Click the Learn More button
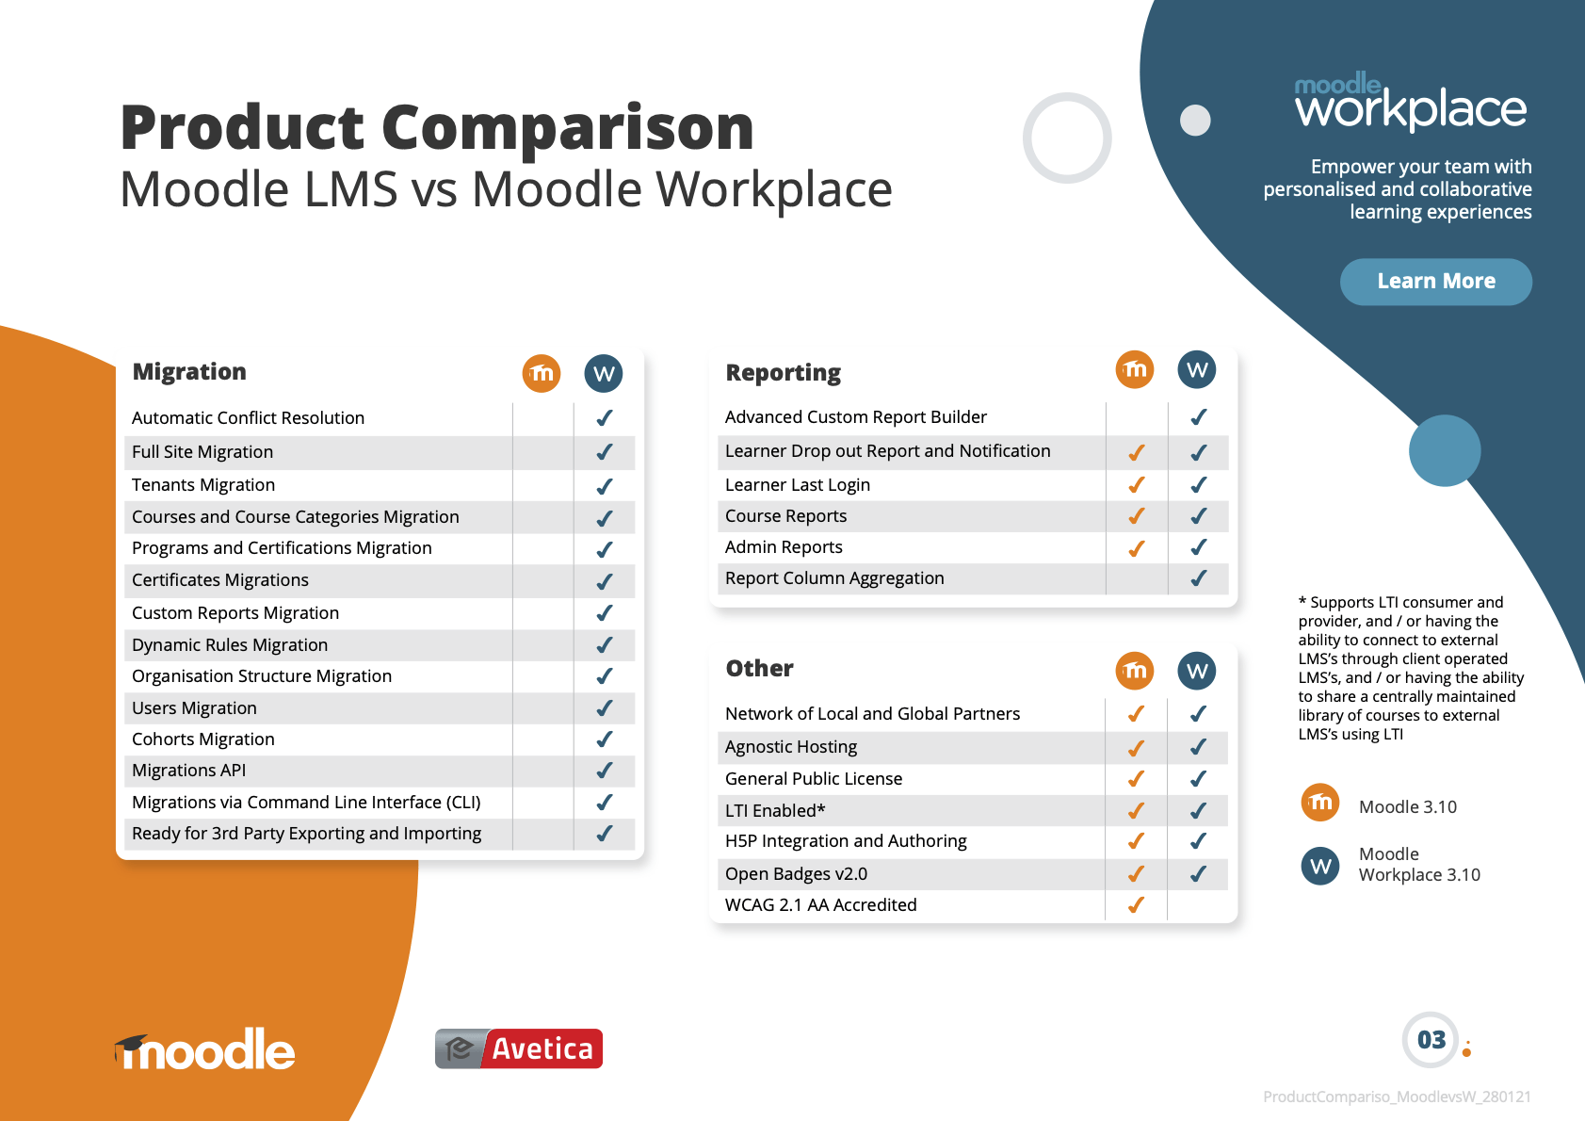point(1435,282)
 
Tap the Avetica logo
point(519,1048)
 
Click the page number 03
point(1431,1040)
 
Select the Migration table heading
point(189,371)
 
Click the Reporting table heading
point(784,373)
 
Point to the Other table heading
point(759,668)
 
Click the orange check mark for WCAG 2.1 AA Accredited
point(1136,905)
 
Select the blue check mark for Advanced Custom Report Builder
point(1198,416)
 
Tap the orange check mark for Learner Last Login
point(1137,485)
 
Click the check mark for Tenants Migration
point(605,486)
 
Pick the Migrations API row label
point(189,771)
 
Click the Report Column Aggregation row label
point(834,578)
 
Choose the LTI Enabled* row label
point(775,810)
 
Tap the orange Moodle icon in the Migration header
point(542,373)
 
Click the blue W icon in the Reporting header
point(1197,369)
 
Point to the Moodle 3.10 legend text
point(1407,806)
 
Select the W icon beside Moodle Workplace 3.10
point(1319,866)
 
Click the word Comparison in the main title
point(568,129)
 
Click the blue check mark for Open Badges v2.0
point(1198,874)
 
